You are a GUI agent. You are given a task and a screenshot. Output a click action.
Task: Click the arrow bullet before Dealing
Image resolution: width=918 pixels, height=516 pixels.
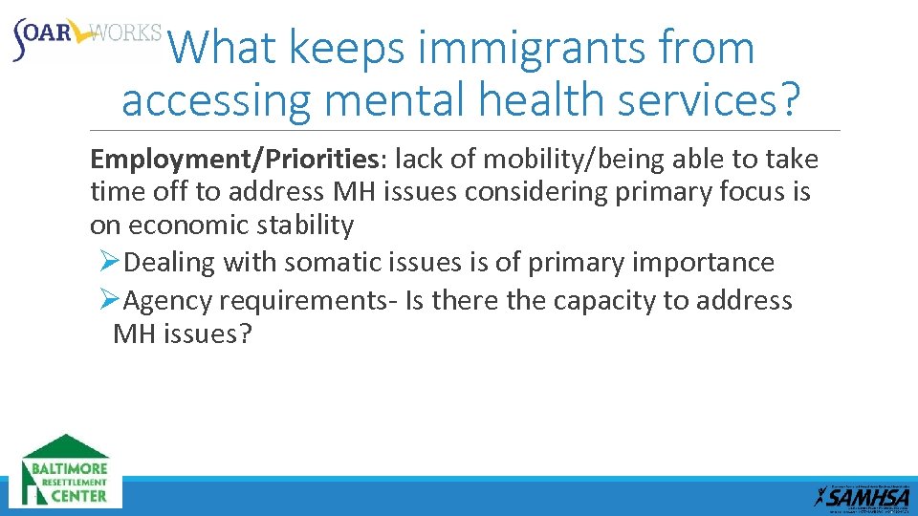109,262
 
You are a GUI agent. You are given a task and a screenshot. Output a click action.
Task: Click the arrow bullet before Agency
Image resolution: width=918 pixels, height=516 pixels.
109,301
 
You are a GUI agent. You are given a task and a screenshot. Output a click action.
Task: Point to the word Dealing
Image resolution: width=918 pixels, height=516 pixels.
172,262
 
